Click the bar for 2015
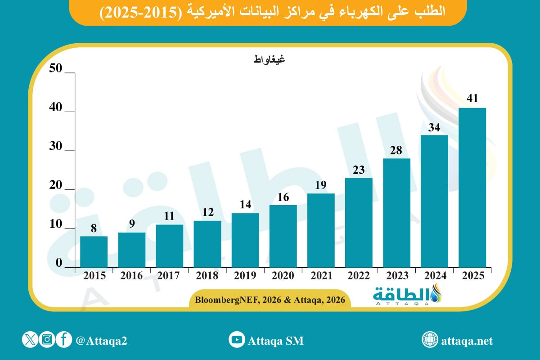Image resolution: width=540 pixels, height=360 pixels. tap(94, 252)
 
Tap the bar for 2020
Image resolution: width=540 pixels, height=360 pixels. tap(283, 236)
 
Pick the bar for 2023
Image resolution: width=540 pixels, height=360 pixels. tap(396, 212)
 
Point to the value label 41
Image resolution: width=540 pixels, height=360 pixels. tap(472, 99)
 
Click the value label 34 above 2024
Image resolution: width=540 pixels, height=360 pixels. tap(434, 127)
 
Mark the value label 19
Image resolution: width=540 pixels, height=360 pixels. tap(321, 185)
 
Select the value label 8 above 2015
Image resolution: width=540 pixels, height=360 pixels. tap(94, 229)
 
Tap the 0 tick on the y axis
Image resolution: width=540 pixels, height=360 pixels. tap(59, 264)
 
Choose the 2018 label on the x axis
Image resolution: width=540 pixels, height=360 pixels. tap(207, 276)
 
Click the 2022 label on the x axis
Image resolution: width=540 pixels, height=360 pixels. tap(359, 276)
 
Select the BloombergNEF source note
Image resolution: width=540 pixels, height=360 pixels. tap(270, 300)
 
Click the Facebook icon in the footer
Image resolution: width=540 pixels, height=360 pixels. tap(64, 340)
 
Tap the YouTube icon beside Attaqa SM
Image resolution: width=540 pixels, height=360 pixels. tap(237, 340)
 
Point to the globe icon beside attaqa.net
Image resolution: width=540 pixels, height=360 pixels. tap(430, 340)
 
